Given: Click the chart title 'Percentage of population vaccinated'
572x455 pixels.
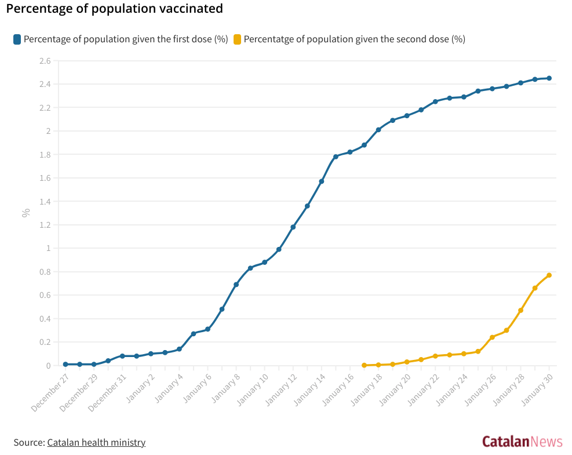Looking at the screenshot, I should tap(114, 9).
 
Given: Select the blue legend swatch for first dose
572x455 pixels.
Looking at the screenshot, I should tap(17, 39).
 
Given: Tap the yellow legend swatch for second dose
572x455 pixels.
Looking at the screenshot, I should tap(237, 39).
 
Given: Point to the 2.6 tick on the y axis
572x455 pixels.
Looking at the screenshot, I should tap(45, 61).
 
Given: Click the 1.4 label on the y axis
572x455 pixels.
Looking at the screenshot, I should tap(45, 202).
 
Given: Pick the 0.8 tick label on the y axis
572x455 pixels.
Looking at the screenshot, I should tap(45, 272).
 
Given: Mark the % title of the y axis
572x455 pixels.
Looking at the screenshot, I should tap(26, 213).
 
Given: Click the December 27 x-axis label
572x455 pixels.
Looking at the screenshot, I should tap(50, 392).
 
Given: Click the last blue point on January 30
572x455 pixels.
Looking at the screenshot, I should tap(549, 78).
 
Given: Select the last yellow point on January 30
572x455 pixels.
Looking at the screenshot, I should tap(549, 275).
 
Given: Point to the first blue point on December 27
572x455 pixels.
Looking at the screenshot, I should tap(65, 364).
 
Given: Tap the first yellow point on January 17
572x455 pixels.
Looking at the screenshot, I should tap(364, 365).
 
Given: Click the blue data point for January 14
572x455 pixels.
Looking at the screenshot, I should tap(322, 181).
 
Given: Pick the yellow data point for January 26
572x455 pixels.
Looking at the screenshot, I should tap(492, 337).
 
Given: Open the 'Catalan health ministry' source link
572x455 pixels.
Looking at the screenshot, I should tap(96, 442).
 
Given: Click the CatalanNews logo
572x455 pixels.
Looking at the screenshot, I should tap(522, 442).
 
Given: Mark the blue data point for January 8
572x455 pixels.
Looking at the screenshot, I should tap(236, 285).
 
